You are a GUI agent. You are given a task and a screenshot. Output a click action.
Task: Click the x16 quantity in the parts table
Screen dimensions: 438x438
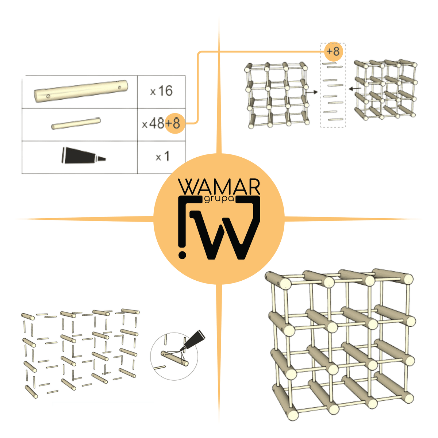tap(161, 91)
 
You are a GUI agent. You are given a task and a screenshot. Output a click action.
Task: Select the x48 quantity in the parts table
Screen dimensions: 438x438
tap(153, 124)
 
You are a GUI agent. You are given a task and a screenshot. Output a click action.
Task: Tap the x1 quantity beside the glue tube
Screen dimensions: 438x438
tap(162, 156)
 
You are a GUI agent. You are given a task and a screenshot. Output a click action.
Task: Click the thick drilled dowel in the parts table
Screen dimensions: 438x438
tap(81, 91)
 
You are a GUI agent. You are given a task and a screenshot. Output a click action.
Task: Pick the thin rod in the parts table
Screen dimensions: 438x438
tap(76, 124)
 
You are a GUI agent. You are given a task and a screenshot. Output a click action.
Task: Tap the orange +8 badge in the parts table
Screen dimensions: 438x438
tap(175, 123)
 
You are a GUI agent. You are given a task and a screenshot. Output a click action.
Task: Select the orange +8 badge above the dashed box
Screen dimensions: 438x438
tap(333, 51)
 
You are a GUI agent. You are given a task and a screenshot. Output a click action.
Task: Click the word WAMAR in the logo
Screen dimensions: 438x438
tap(219, 187)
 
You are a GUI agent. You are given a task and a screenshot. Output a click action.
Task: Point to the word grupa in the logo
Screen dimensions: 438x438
tap(219, 199)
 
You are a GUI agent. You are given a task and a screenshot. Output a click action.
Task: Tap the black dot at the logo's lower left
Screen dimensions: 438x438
tap(182, 255)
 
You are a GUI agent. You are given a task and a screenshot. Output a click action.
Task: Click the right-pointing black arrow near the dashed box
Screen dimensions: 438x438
tap(311, 92)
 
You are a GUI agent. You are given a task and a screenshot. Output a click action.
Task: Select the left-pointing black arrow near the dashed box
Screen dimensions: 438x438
tap(355, 89)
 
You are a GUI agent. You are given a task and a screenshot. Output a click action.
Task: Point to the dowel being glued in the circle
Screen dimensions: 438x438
tap(174, 358)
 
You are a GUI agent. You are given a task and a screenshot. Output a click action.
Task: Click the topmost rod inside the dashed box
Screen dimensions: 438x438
tap(329, 64)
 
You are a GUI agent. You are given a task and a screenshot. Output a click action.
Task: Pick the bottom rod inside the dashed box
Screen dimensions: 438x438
tap(336, 119)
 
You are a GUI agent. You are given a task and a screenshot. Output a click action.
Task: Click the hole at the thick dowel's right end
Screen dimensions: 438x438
tap(120, 87)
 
